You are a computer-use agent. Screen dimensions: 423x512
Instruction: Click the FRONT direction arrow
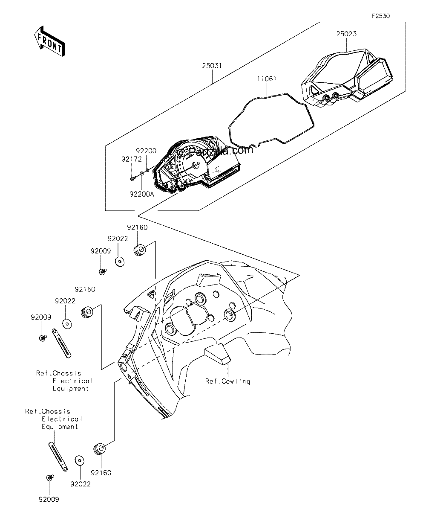(x=50, y=41)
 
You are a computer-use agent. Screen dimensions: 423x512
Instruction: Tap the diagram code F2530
(x=381, y=16)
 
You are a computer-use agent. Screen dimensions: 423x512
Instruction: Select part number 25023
(x=346, y=34)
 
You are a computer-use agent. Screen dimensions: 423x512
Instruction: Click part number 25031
(x=212, y=66)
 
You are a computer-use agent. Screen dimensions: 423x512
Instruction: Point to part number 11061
(x=267, y=79)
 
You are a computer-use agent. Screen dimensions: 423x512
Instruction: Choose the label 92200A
(x=142, y=194)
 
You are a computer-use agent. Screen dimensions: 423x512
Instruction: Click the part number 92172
(x=132, y=159)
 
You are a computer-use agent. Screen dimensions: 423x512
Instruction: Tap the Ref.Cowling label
(x=227, y=381)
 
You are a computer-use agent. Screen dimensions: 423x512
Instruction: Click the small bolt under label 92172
(x=132, y=179)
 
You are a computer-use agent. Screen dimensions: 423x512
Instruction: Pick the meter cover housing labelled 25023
(x=347, y=78)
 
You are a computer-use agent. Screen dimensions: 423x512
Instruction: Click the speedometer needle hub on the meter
(x=196, y=165)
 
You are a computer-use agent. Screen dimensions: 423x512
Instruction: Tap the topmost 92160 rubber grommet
(x=140, y=250)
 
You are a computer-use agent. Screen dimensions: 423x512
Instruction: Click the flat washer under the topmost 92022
(x=119, y=262)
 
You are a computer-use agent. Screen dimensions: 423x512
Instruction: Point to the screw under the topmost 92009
(x=103, y=271)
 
